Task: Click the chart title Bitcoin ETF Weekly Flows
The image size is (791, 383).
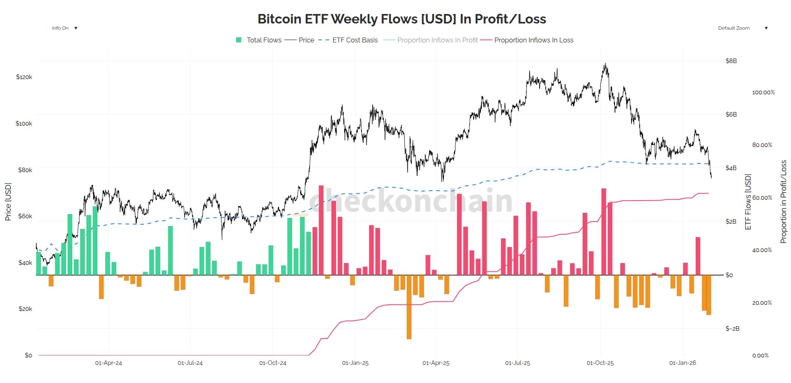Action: point(401,19)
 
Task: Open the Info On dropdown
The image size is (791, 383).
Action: point(64,28)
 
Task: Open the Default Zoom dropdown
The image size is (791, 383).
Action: point(742,28)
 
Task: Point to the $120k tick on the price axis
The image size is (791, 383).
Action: point(24,77)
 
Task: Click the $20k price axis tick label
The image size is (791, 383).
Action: point(25,309)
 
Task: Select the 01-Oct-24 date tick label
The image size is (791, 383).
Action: point(272,363)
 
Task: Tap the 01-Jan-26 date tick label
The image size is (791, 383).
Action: point(683,363)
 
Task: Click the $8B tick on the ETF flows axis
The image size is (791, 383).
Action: point(731,61)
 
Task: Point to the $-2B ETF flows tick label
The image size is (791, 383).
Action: point(732,329)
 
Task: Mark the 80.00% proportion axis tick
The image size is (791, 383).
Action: point(762,145)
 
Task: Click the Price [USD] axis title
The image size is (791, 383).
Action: point(8,202)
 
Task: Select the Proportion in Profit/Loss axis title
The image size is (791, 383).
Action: point(783,202)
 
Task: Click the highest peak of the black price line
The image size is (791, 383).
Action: point(605,64)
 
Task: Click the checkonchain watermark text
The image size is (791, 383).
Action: point(411,201)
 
